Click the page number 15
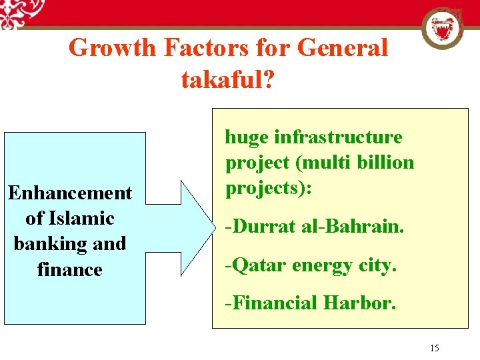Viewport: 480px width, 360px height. (x=435, y=347)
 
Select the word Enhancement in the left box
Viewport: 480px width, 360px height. (x=70, y=193)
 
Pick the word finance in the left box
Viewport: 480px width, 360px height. (x=70, y=269)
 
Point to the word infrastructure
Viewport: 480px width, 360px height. (x=339, y=137)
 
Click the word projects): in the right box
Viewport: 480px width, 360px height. (x=269, y=188)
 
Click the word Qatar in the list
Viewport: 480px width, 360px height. (x=253, y=265)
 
